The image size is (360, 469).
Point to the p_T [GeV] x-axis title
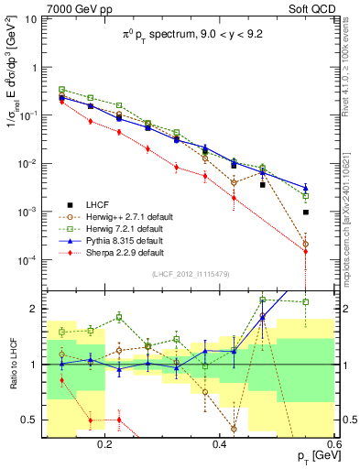point(312,456)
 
